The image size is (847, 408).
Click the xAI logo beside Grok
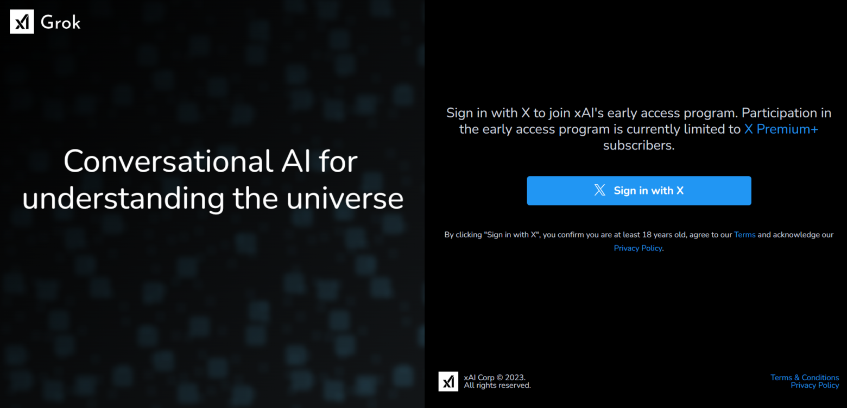pyautogui.click(x=22, y=22)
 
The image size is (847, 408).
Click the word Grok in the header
pyautogui.click(x=60, y=22)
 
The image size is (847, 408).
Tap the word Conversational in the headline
pyautogui.click(x=168, y=161)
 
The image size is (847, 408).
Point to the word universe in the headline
pyautogui.click(x=345, y=198)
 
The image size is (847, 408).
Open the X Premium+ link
pyautogui.click(x=781, y=129)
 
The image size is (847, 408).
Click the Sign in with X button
pyautogui.click(x=639, y=191)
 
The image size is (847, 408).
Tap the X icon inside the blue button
pyautogui.click(x=600, y=190)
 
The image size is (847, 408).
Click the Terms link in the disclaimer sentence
pyautogui.click(x=744, y=235)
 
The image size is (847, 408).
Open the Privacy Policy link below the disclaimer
pyautogui.click(x=638, y=248)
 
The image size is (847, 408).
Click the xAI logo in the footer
pyautogui.click(x=448, y=381)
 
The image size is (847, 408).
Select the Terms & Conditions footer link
pyautogui.click(x=805, y=378)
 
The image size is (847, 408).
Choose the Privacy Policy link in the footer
pyautogui.click(x=815, y=385)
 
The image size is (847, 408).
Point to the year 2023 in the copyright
pyautogui.click(x=515, y=378)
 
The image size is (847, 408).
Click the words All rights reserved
pyautogui.click(x=497, y=385)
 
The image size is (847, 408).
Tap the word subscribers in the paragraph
pyautogui.click(x=639, y=146)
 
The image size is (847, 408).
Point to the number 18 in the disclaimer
pyautogui.click(x=647, y=235)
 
